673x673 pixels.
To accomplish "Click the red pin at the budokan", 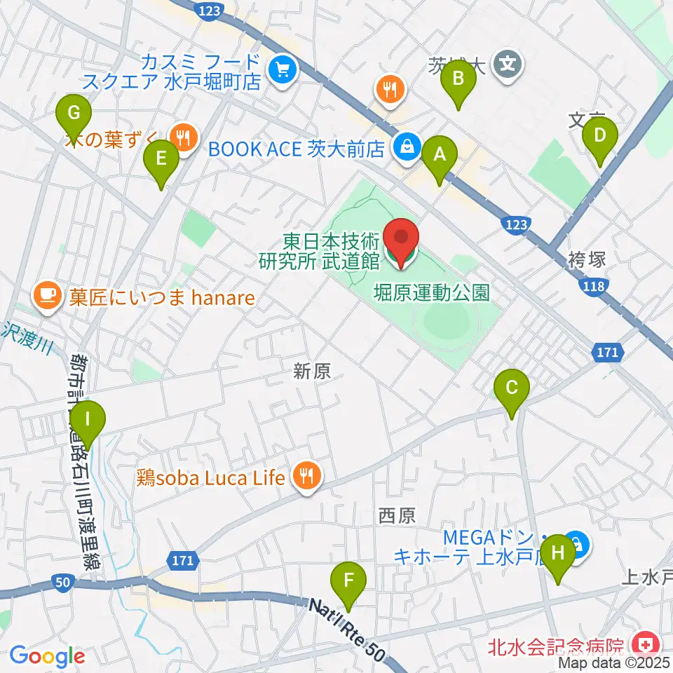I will tap(401, 242).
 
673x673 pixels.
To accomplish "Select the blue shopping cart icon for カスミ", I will tap(283, 69).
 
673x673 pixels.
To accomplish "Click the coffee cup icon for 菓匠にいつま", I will tap(48, 292).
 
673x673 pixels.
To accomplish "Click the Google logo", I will tap(47, 656).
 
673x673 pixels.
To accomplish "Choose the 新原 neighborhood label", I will tap(312, 372).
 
